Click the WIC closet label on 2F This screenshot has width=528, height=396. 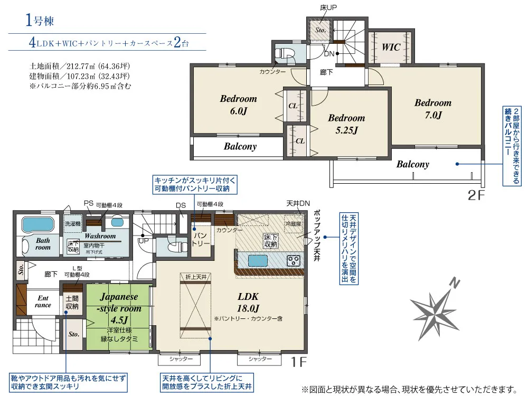click(391, 47)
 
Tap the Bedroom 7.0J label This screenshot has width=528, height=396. click(433, 109)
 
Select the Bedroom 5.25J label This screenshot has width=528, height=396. click(346, 124)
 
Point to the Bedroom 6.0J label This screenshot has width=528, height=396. click(239, 105)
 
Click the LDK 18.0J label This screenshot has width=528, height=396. click(248, 302)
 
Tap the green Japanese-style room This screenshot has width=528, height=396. click(118, 317)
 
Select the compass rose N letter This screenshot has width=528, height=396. click(455, 284)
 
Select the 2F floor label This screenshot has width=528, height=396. click(476, 195)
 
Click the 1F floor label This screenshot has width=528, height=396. click(299, 362)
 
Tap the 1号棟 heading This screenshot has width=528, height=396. click(40, 21)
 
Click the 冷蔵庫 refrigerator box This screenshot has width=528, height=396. click(294, 223)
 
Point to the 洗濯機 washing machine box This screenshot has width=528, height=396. click(73, 223)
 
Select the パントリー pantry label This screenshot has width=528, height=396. click(201, 239)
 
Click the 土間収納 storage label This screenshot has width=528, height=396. click(72, 303)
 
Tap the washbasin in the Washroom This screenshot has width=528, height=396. click(117, 223)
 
